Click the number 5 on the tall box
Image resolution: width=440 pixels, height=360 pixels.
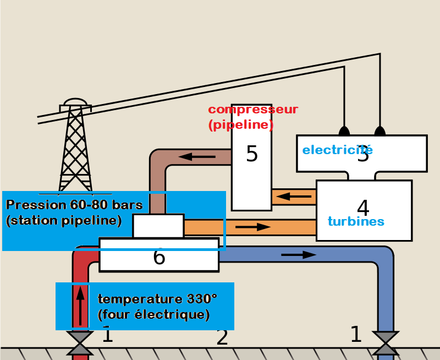pyautogui.click(x=251, y=154)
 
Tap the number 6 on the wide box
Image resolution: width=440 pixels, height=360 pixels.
pyautogui.click(x=159, y=257)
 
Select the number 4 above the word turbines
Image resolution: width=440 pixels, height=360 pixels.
pyautogui.click(x=363, y=208)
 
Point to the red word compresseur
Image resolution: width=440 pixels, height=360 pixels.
pyautogui.click(x=253, y=110)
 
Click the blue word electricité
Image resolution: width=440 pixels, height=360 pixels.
pyautogui.click(x=337, y=149)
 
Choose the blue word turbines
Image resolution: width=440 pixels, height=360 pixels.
pyautogui.click(x=355, y=222)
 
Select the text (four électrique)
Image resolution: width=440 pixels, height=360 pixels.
pyautogui.click(x=153, y=315)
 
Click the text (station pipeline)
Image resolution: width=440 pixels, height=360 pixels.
pyautogui.click(x=63, y=221)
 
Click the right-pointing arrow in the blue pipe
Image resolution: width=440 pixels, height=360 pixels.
pyautogui.click(x=299, y=255)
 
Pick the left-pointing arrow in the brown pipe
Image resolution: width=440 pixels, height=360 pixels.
pyautogui.click(x=197, y=157)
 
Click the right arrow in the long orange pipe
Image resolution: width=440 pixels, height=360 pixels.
pyautogui.click(x=253, y=226)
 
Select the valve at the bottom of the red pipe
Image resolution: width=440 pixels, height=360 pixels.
pyautogui.click(x=81, y=343)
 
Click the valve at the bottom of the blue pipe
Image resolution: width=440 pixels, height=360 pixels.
pyautogui.click(x=385, y=342)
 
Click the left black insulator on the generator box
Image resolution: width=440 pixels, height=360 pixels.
pyautogui.click(x=344, y=131)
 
